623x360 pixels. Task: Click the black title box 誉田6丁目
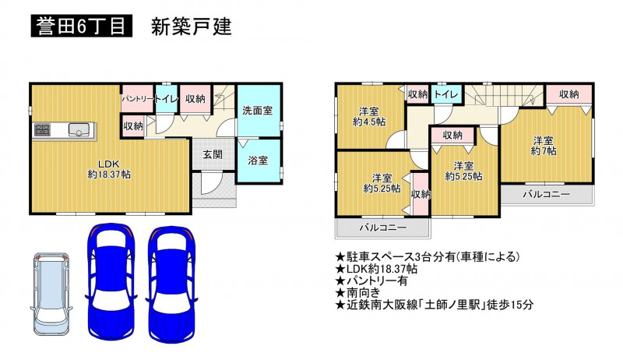(82, 26)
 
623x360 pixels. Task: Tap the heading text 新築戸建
(191, 26)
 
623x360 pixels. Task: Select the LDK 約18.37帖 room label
(109, 169)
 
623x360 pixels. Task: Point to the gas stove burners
(42, 129)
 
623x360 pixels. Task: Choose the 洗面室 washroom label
(258, 111)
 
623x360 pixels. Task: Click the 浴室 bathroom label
(258, 161)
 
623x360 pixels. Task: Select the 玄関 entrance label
(213, 154)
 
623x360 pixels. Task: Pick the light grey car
(51, 294)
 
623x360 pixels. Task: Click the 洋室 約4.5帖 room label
(369, 116)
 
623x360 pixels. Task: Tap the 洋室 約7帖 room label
(544, 146)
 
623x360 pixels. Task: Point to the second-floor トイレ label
(446, 94)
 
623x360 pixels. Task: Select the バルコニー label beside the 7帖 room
(547, 194)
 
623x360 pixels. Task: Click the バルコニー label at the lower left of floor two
(383, 228)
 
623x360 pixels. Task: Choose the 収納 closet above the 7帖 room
(569, 94)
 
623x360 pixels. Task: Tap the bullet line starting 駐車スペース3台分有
(428, 257)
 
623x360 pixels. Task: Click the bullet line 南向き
(358, 293)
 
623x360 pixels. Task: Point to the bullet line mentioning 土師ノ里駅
(435, 305)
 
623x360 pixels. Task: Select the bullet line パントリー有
(371, 281)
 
